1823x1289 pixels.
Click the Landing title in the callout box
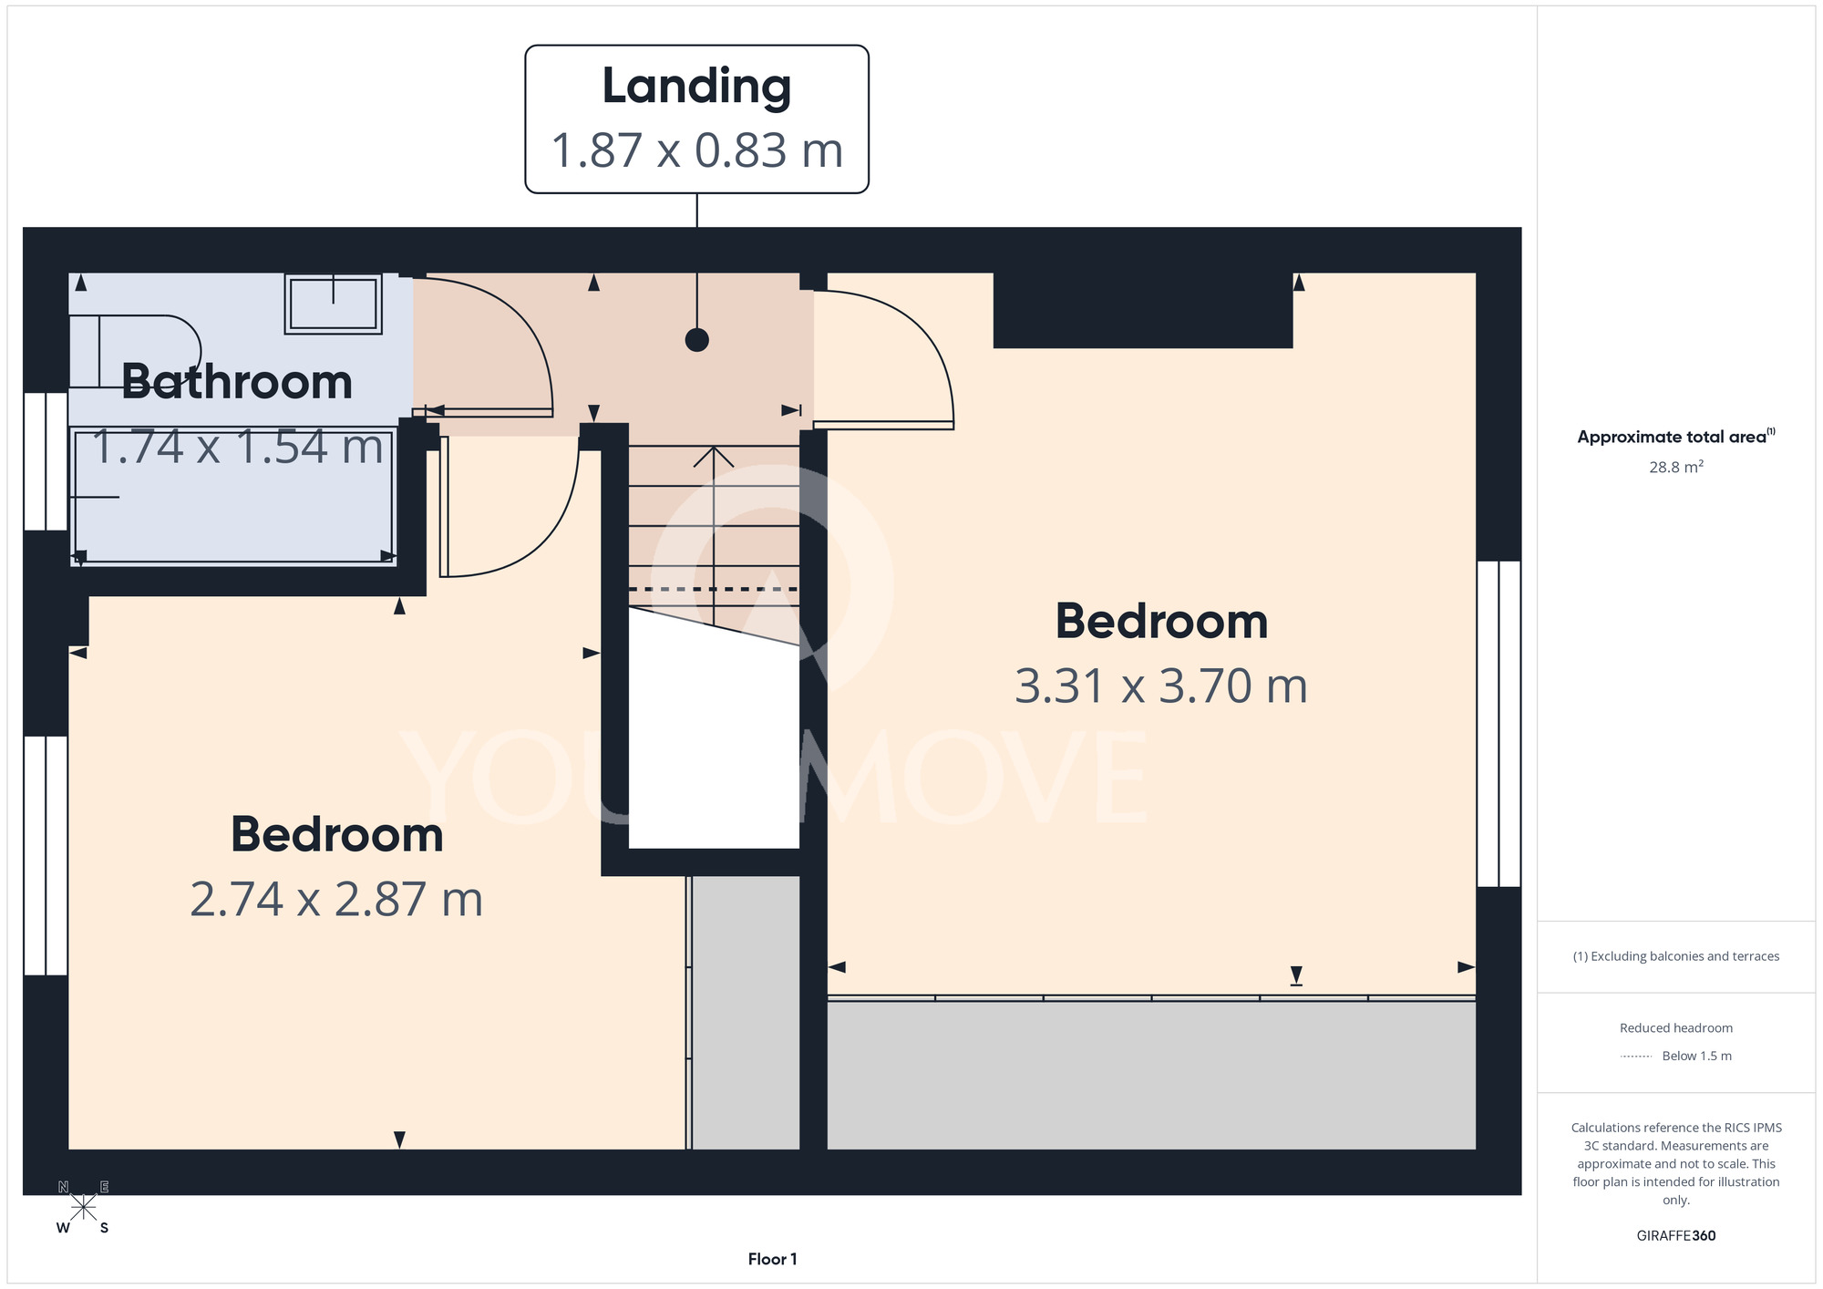[x=696, y=88]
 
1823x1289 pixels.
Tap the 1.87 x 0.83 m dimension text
[x=696, y=150]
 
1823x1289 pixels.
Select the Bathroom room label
[x=237, y=381]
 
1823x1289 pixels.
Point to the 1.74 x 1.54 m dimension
[x=237, y=447]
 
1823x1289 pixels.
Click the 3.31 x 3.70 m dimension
[x=1161, y=686]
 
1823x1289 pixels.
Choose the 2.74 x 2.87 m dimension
[x=336, y=899]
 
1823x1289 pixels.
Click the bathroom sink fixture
[x=333, y=304]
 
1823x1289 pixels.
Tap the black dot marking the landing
[x=697, y=340]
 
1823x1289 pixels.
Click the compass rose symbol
[x=83, y=1208]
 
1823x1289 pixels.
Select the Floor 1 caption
[x=772, y=1259]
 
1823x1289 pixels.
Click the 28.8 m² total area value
[x=1675, y=467]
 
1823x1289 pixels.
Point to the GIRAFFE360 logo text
[x=1675, y=1236]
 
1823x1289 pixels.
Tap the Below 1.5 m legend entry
[x=1696, y=1056]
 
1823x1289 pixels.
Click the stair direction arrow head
[x=714, y=456]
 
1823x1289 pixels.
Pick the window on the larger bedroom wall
[x=1499, y=724]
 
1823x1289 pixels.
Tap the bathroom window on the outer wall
[x=46, y=461]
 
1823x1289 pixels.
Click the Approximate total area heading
[x=1675, y=437]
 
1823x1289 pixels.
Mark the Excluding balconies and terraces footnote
[x=1675, y=956]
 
